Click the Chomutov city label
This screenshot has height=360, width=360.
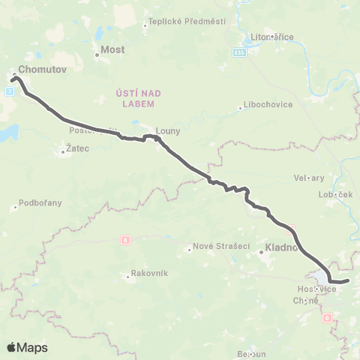coord(37,69)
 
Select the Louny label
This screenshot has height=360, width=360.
coord(168,130)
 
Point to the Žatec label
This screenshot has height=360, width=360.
coord(77,148)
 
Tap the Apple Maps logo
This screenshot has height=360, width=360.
coord(27,347)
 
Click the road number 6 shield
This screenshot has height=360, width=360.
coord(124,239)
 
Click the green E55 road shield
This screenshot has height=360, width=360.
coord(238,52)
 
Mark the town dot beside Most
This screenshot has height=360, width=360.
coord(97,55)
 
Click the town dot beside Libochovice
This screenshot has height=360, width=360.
coord(239,108)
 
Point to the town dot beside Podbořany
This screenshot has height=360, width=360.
coord(15,207)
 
